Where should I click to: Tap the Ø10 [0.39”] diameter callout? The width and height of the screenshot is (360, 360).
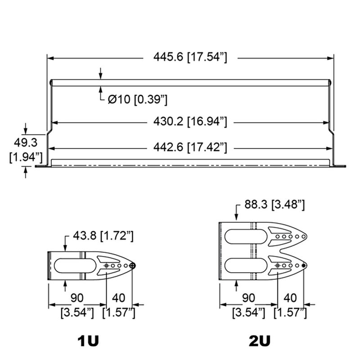point(138,99)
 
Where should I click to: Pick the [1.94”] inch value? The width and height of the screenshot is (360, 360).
point(26,157)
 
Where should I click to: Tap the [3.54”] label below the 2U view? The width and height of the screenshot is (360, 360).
point(248,312)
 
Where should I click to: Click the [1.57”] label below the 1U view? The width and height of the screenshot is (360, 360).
point(119,312)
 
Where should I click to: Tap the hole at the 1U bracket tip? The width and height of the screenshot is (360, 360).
point(132,266)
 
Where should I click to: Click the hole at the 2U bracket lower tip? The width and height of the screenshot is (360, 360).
point(304,266)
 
